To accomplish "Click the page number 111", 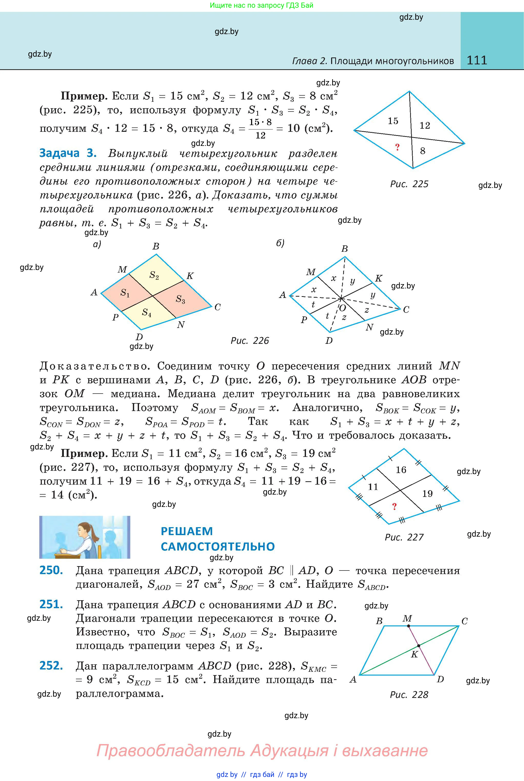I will tap(477, 60).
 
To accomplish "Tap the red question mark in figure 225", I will tap(397, 147).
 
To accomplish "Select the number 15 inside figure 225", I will tap(393, 121).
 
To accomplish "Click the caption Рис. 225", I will tap(409, 184).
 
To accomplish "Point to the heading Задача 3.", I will tap(68, 153).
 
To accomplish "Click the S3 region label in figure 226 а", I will tap(181, 299).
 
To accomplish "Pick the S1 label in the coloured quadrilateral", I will tap(125, 293).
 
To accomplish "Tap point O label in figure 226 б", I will tap(343, 308).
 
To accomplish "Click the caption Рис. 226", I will tap(250, 341).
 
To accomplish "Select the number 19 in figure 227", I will tap(427, 493).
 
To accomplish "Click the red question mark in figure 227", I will tap(394, 507).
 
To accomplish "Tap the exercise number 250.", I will tap(51, 570).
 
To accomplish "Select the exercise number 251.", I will tap(51, 604).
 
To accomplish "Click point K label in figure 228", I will tap(414, 654).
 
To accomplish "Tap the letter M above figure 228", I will tap(407, 618).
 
